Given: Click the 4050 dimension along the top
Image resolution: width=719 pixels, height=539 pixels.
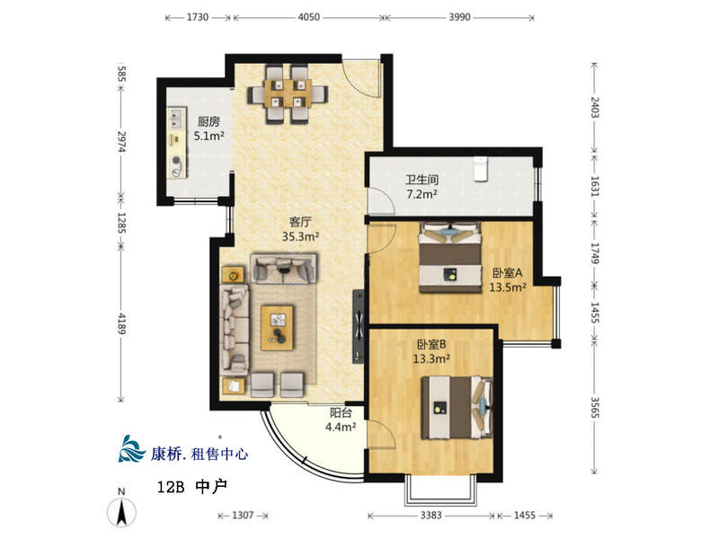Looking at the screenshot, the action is [309, 17].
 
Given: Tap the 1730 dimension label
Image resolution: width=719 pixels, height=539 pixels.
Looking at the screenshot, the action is [198, 17].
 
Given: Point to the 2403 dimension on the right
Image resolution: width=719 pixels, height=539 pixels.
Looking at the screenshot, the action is [594, 107].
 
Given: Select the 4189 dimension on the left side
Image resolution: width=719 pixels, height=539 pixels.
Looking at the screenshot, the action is [121, 323].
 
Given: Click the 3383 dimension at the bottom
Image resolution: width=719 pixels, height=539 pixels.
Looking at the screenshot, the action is [431, 515].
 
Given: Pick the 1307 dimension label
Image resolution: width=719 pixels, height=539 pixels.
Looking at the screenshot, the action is [243, 515].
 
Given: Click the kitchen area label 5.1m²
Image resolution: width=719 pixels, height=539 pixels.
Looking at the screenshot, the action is [209, 137].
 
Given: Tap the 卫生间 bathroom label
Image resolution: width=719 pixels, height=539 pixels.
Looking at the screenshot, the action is [422, 180].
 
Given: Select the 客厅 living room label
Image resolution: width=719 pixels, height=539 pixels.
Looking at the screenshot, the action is [300, 222].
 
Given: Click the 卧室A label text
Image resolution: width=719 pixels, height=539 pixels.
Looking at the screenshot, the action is [508, 273].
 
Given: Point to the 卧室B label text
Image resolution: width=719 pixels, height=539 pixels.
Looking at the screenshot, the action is [431, 344].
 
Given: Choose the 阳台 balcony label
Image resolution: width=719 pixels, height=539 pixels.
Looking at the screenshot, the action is [341, 413].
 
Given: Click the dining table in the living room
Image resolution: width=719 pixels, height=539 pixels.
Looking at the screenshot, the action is [288, 94].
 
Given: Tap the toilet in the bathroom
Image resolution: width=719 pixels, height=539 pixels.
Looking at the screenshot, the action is [480, 169].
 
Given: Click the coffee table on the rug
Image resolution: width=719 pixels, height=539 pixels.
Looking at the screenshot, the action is [277, 328].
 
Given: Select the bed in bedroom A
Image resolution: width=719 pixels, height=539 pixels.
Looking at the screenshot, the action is [450, 257].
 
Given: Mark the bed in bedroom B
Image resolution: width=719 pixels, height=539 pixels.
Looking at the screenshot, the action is [457, 408].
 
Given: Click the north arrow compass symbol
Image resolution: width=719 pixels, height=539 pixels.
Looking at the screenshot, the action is [121, 508].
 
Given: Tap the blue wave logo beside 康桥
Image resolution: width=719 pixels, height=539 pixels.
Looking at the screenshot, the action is [131, 448].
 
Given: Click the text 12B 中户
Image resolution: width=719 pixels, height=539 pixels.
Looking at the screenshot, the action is [192, 487].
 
